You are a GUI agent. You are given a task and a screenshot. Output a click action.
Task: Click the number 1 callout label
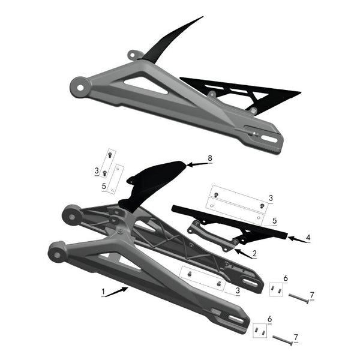pos(104,293)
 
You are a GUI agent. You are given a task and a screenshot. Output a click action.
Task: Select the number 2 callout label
pos(254,254)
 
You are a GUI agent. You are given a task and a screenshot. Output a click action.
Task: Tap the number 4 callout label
pos(308,238)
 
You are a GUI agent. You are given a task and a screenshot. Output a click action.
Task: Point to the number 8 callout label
pos(209,158)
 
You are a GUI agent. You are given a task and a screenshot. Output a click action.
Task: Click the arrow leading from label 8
pos(196,163)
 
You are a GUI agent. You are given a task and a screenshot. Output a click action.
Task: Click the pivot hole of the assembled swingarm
pos(79,86)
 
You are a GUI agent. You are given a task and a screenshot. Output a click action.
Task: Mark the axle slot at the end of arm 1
pos(236,321)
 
